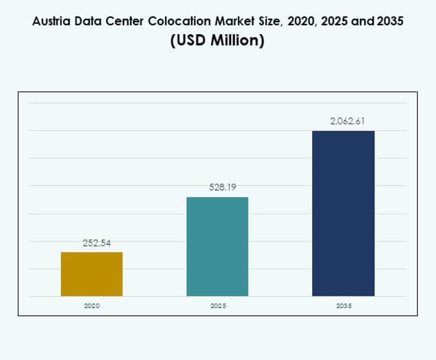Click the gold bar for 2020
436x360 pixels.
point(92,274)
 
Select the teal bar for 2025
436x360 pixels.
point(218,247)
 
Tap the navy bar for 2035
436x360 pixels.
point(343,213)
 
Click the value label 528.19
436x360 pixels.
point(218,187)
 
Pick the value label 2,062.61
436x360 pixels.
point(347,121)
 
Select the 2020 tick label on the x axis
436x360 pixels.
point(92,305)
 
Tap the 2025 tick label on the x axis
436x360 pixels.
point(218,305)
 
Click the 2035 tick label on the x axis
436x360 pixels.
point(344,305)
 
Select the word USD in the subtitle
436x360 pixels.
point(192,40)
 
